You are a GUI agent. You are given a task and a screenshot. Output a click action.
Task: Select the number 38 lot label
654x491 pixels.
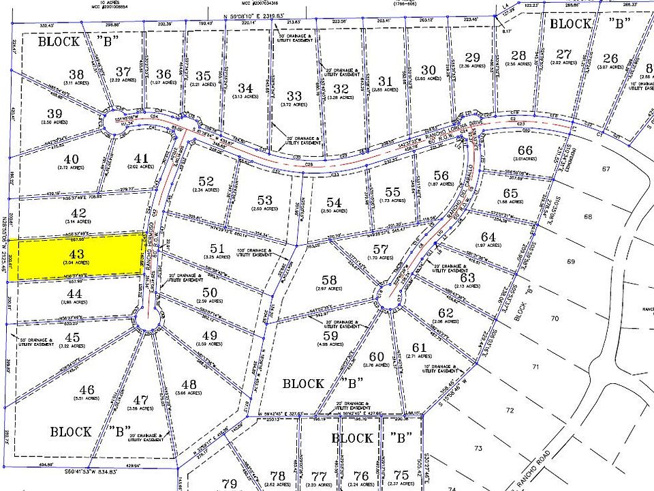(x=76, y=74)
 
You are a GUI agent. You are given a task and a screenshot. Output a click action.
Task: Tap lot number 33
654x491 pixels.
(x=294, y=96)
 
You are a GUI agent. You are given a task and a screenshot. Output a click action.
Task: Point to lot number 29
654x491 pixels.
(x=472, y=57)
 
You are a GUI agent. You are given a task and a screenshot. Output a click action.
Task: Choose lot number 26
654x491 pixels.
(x=610, y=58)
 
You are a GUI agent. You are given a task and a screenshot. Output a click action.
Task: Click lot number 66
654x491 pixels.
(x=525, y=150)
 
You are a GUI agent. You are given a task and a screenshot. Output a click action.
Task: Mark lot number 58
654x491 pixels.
(x=329, y=280)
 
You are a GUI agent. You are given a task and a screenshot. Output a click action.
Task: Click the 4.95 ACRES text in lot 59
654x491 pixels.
(x=330, y=346)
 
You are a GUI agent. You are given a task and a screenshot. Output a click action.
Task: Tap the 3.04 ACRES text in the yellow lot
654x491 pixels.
(x=77, y=263)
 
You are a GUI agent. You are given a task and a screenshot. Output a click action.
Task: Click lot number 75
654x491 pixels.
(x=402, y=475)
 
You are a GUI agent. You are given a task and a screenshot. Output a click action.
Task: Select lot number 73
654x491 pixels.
(x=478, y=448)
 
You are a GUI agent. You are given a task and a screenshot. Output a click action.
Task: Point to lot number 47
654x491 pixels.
(x=142, y=400)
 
